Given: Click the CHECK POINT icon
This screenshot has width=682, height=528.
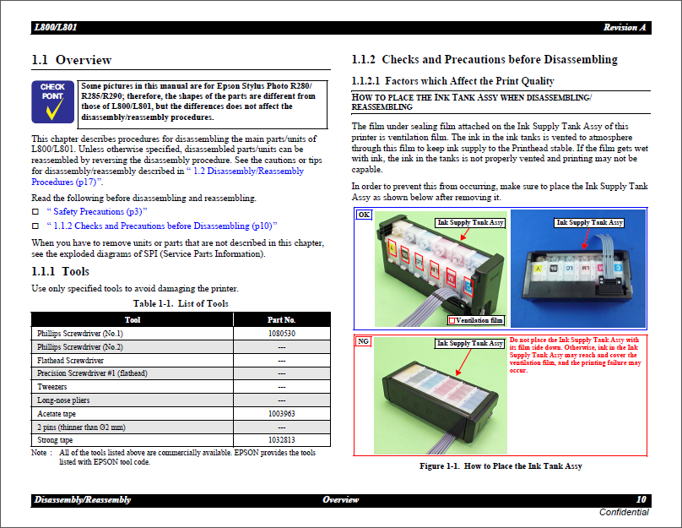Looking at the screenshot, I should pyautogui.click(x=52, y=102).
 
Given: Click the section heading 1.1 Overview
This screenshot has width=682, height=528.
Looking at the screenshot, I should pyautogui.click(x=72, y=60).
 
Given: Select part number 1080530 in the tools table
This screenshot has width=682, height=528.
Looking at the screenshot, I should pyautogui.click(x=281, y=334).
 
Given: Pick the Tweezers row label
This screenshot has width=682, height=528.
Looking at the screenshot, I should pyautogui.click(x=52, y=387).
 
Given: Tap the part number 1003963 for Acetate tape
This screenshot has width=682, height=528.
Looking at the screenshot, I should pyautogui.click(x=281, y=414).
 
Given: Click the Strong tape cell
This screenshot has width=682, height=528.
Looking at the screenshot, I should pyautogui.click(x=55, y=440).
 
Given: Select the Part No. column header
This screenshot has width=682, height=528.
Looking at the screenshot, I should pyautogui.click(x=281, y=320).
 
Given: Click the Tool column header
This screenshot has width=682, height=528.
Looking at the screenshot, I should pyautogui.click(x=133, y=320).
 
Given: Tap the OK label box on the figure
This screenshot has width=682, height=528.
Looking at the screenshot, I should pyautogui.click(x=364, y=215).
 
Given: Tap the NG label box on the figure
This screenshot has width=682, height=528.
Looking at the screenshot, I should pyautogui.click(x=363, y=341).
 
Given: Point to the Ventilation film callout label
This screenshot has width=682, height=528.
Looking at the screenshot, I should pyautogui.click(x=479, y=320).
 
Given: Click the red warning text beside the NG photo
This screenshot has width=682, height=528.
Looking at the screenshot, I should pyautogui.click(x=576, y=355).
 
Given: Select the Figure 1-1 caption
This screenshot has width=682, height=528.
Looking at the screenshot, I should pyautogui.click(x=501, y=466).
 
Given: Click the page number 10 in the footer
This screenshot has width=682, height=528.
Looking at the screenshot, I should pyautogui.click(x=641, y=500).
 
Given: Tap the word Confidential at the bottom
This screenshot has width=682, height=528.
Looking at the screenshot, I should pyautogui.click(x=624, y=513).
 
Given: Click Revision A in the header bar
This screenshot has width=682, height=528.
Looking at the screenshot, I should pyautogui.click(x=625, y=28).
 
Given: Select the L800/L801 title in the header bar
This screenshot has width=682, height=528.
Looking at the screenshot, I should pyautogui.click(x=56, y=28).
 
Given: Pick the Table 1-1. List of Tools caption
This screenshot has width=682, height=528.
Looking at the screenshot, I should pyautogui.click(x=181, y=303).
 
